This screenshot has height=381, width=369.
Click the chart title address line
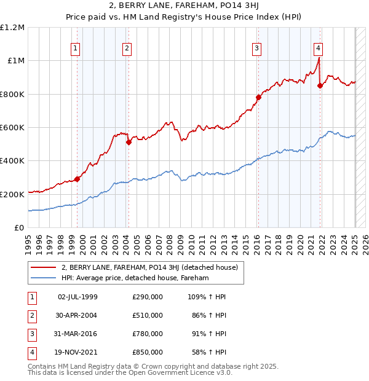point(184,6)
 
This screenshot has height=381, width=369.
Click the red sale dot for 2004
point(129,143)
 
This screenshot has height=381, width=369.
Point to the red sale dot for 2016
point(259,97)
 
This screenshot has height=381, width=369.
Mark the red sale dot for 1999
point(77,179)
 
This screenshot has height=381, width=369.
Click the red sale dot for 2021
point(320,86)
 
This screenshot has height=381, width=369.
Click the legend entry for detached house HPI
point(135,278)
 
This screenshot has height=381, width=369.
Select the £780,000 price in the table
point(148,334)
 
